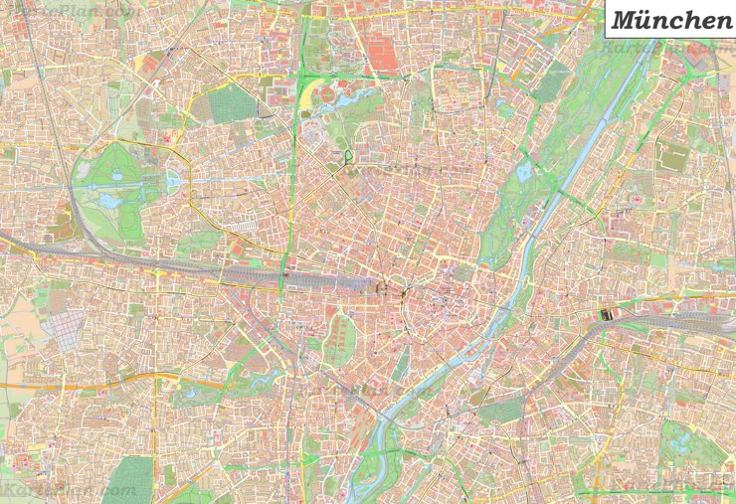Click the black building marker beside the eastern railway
pos(608,315)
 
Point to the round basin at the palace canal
pos(172,181)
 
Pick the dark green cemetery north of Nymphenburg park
pos(231,103)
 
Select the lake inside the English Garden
pos(523,172)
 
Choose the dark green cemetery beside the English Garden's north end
pos(550,82)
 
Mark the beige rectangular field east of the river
pos(673,156)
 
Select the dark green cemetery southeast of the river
pos(500,410)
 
